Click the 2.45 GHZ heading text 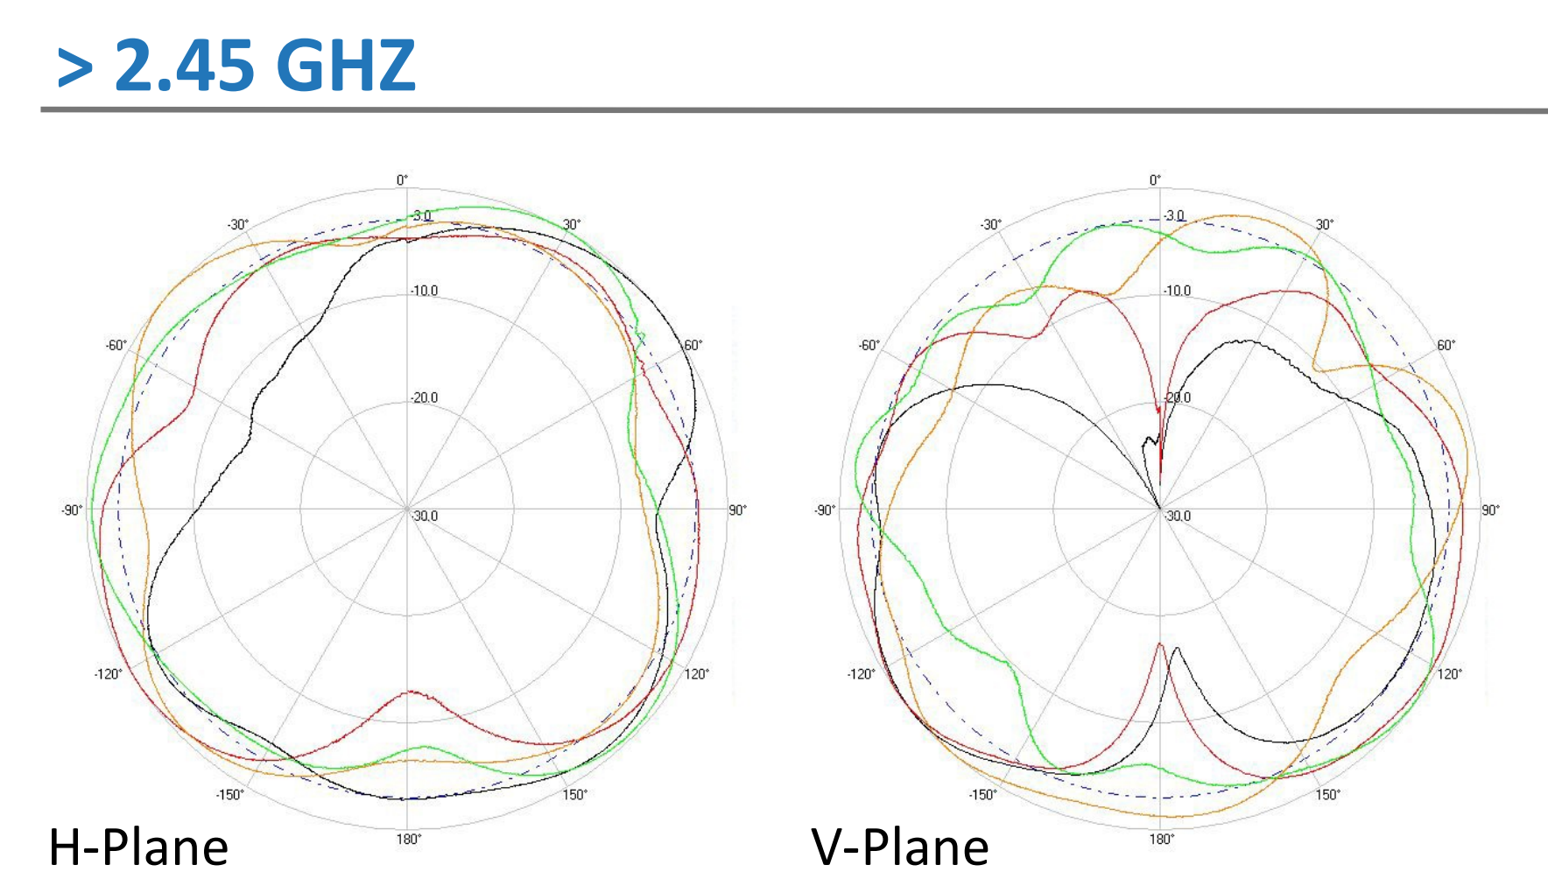click(264, 66)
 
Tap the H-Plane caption click(138, 847)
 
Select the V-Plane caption click(900, 847)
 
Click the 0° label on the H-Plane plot click(402, 180)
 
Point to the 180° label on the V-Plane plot click(1161, 839)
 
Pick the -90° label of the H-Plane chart click(72, 510)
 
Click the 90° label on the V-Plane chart click(1490, 510)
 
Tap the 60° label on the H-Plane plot click(693, 345)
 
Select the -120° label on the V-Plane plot click(861, 673)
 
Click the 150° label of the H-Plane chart click(574, 794)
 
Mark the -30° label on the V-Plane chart click(990, 225)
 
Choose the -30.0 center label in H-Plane click(425, 516)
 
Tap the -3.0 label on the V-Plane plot click(1174, 215)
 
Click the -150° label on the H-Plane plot click(229, 794)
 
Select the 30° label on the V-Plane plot click(1325, 225)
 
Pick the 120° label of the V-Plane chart click(1449, 673)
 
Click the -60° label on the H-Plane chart click(116, 345)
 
